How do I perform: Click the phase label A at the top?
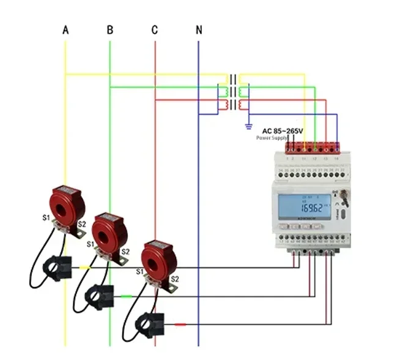(65, 29)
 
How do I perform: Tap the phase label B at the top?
(110, 29)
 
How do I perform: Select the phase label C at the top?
(155, 29)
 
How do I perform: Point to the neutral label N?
(199, 29)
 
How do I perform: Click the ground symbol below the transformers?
(248, 127)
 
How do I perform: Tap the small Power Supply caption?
(271, 138)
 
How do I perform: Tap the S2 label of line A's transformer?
(82, 225)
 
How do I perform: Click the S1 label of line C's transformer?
(139, 271)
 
